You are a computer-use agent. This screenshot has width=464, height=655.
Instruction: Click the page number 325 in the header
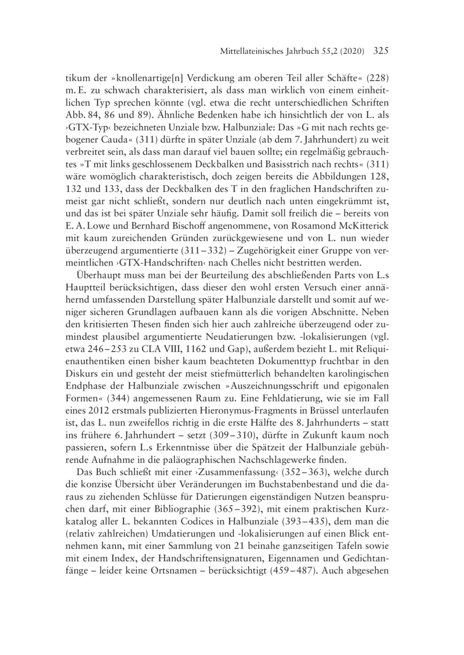[378, 51]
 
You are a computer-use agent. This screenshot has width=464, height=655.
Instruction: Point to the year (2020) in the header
[349, 52]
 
